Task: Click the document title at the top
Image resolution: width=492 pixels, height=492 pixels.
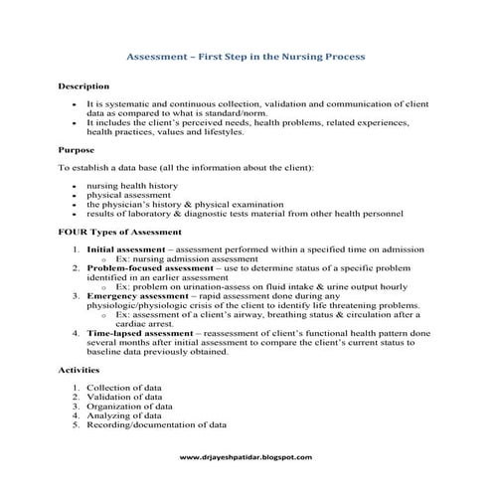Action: pyautogui.click(x=246, y=58)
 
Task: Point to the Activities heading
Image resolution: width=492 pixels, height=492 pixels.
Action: pyautogui.click(x=81, y=369)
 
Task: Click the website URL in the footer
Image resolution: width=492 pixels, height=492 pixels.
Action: pyautogui.click(x=246, y=457)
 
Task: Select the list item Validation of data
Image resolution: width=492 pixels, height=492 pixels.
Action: pyautogui.click(x=128, y=397)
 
